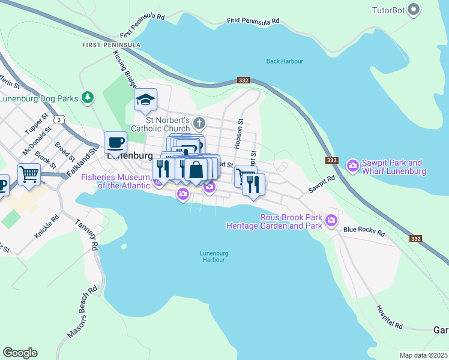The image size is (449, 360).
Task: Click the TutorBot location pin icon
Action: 414,10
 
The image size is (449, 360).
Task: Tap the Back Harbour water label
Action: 285,61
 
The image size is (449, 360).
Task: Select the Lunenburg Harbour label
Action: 212,256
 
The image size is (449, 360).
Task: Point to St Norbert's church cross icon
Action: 200,124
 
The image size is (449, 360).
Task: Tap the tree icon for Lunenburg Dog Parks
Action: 88,97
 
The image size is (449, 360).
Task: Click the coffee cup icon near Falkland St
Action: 115,143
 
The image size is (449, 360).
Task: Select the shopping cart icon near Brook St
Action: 29,174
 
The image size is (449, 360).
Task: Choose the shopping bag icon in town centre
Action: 196,170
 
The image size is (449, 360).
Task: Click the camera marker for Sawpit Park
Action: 352,164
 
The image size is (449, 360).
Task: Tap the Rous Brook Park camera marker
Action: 331,222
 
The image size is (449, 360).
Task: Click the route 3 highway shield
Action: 58,120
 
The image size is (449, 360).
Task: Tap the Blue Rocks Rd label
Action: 363,229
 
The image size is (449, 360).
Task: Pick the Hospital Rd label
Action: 390,317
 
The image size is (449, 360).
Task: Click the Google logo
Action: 20,353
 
